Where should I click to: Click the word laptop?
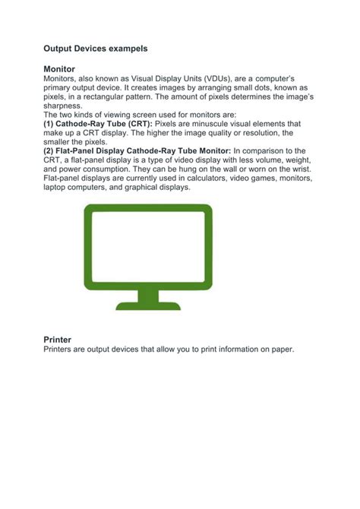point(56,187)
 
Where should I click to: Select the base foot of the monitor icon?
point(143,305)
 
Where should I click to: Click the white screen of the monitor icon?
point(143,242)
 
